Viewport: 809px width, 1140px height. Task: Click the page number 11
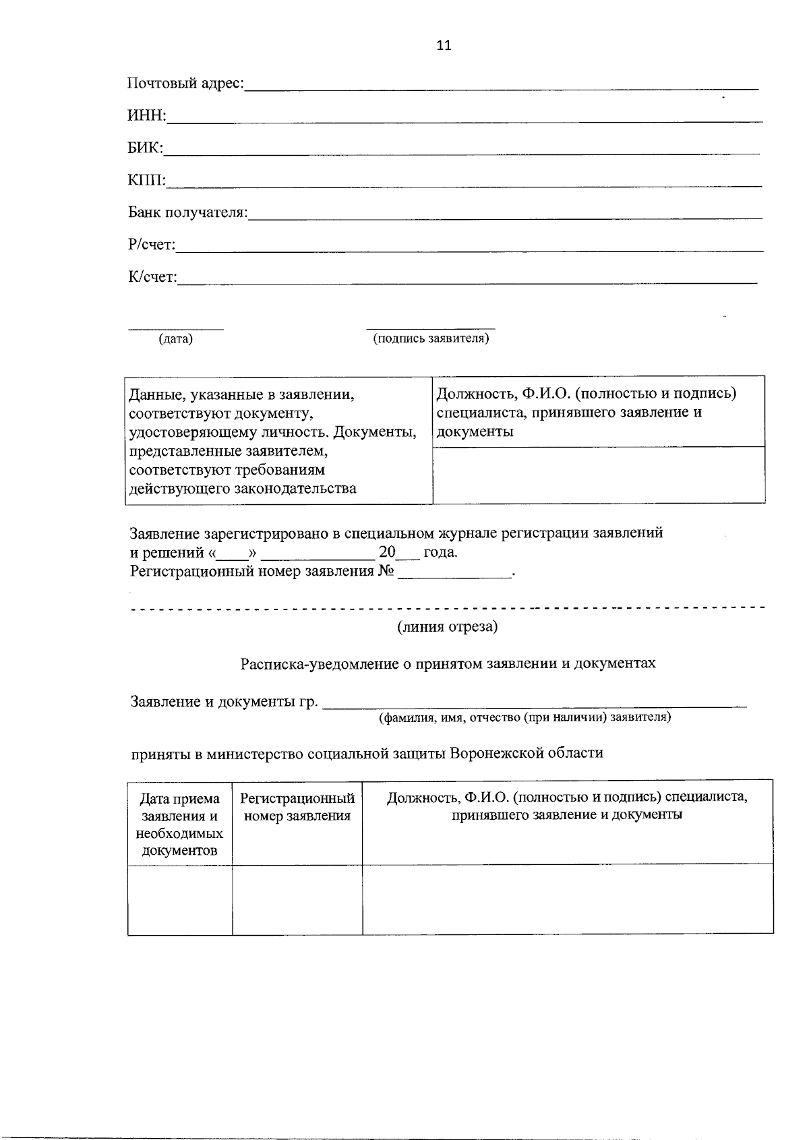[x=444, y=45]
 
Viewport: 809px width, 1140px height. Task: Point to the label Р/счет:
[x=152, y=245]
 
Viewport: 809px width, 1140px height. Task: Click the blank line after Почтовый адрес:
[x=502, y=86]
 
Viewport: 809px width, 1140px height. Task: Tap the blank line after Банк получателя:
[x=506, y=216]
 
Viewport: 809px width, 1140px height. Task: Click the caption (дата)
[x=175, y=339]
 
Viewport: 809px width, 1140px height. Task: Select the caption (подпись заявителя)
[x=431, y=338]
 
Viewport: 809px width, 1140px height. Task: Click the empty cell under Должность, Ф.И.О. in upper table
[x=598, y=475]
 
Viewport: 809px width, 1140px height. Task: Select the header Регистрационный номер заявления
[x=297, y=807]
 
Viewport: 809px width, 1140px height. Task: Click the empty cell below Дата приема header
[x=180, y=899]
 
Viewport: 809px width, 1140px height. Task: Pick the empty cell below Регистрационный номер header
[x=297, y=899]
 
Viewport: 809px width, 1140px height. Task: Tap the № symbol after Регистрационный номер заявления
[x=386, y=572]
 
